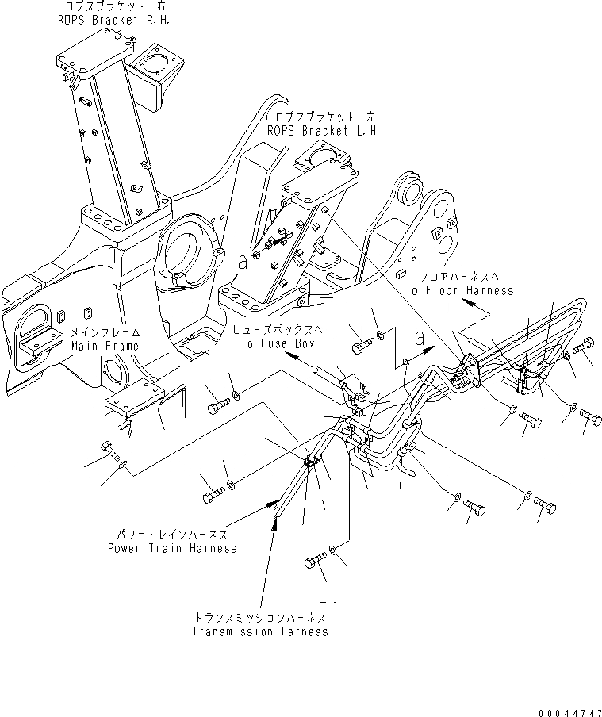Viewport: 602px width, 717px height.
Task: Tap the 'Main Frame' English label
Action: [105, 346]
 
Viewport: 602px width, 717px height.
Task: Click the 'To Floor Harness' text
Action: [458, 291]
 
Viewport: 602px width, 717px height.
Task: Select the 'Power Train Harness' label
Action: [172, 548]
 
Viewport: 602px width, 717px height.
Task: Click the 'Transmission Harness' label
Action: [259, 632]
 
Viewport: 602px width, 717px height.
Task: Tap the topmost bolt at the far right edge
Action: [585, 347]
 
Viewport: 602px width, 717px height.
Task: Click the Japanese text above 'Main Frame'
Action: [105, 333]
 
